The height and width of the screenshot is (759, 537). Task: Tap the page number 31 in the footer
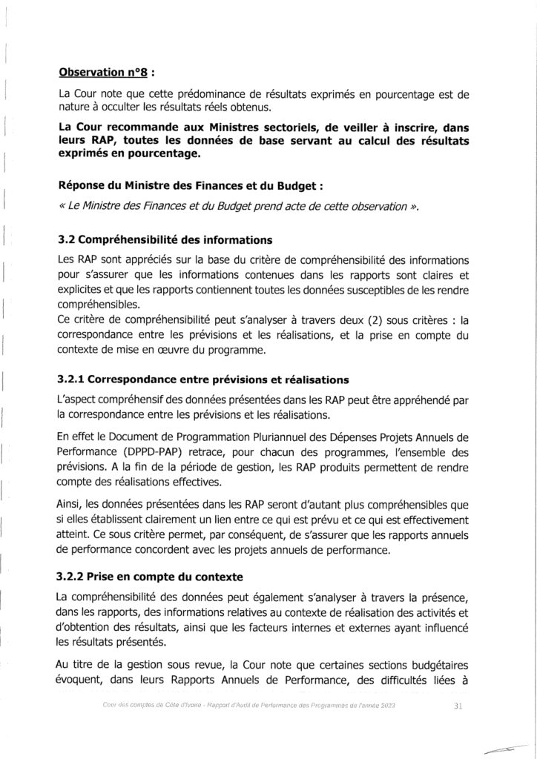click(x=458, y=706)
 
